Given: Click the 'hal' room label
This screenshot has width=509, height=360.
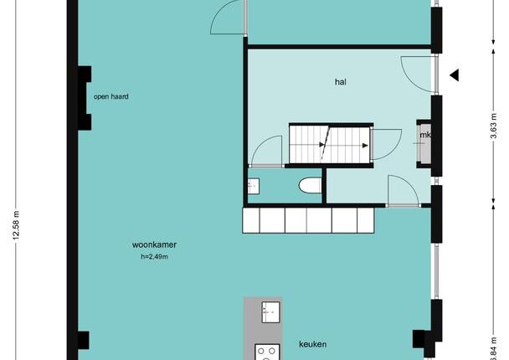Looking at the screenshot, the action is pyautogui.click(x=340, y=82).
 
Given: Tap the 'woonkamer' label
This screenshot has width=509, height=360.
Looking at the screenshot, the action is pyautogui.click(x=154, y=244).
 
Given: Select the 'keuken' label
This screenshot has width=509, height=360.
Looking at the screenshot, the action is pyautogui.click(x=312, y=344).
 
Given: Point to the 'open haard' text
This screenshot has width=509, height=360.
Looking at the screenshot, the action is pyautogui.click(x=111, y=96).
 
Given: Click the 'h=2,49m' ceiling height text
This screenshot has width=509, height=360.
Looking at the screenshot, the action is pyautogui.click(x=155, y=256).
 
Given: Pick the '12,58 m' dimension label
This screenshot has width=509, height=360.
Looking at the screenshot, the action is pyautogui.click(x=16, y=225).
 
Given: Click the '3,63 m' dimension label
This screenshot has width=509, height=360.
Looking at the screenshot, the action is pyautogui.click(x=493, y=126).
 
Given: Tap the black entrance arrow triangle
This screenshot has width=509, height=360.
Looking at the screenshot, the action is pyautogui.click(x=455, y=75).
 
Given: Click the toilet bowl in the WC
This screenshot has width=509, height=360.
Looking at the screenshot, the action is pyautogui.click(x=310, y=186).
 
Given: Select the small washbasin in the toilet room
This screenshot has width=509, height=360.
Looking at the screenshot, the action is pyautogui.click(x=253, y=186).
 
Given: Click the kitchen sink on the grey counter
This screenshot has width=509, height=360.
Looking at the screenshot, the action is pyautogui.click(x=270, y=312).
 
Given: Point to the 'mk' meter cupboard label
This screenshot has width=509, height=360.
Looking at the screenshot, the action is pyautogui.click(x=425, y=135).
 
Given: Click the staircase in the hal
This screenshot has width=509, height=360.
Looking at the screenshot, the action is pyautogui.click(x=330, y=144).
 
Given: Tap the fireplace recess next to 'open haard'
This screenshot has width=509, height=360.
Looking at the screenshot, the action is pyautogui.click(x=85, y=98).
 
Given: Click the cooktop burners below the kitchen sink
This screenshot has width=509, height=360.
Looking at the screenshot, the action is pyautogui.click(x=267, y=352).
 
